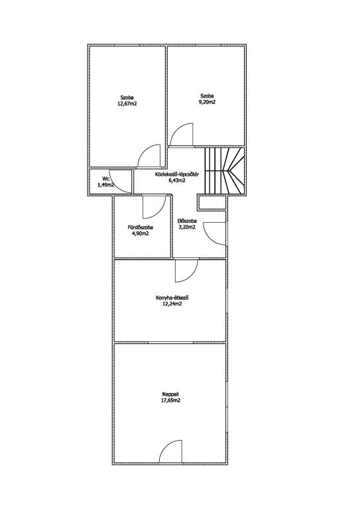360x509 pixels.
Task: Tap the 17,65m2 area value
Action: click(x=171, y=400)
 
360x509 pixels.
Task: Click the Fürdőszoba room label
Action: click(x=141, y=227)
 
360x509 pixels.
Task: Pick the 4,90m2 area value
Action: click(x=141, y=233)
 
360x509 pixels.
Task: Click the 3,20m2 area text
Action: click(x=188, y=227)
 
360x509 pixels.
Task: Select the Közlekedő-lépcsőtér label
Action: click(x=177, y=174)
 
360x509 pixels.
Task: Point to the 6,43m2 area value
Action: click(x=177, y=181)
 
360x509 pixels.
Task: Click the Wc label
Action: click(x=105, y=178)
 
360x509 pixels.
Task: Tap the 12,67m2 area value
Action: click(x=127, y=104)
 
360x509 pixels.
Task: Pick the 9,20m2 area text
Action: click(x=208, y=102)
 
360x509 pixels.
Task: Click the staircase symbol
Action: click(x=224, y=171)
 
